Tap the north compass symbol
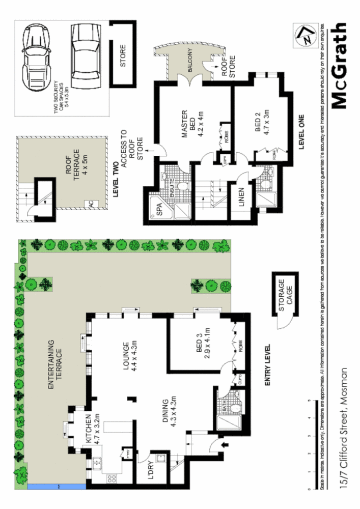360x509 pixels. click(x=304, y=36)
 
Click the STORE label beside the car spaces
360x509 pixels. click(x=122, y=56)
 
